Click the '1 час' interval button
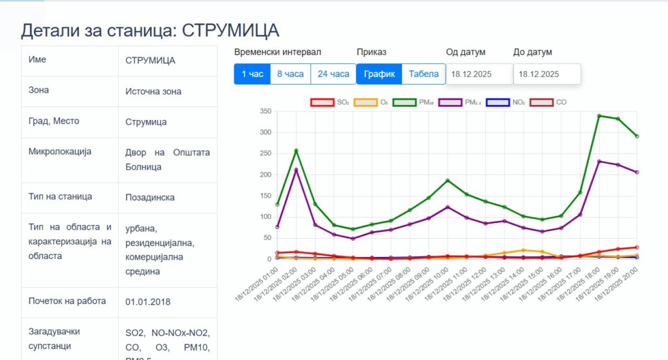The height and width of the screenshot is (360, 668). [252, 74]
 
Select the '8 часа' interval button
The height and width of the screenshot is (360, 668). [290, 74]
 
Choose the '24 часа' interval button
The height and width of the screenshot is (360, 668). [333, 74]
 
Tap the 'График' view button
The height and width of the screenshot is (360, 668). [379, 74]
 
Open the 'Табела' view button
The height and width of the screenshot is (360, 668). [423, 74]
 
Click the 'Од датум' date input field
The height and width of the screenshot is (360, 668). [479, 74]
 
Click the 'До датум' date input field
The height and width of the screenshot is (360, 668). [547, 74]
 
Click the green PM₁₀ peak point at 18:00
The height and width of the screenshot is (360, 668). [599, 116]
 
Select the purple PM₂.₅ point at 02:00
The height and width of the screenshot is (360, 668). [296, 170]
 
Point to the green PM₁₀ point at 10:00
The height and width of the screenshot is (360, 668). [448, 180]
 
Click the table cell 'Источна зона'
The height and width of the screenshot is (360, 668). [153, 91]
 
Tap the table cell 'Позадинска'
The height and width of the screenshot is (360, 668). [150, 197]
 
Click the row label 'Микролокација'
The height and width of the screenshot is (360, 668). [59, 151]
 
